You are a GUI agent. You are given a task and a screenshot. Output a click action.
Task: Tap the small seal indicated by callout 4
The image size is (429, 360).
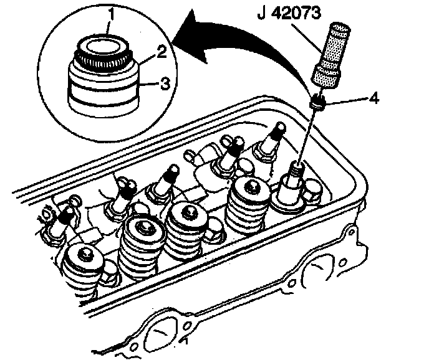click(317, 101)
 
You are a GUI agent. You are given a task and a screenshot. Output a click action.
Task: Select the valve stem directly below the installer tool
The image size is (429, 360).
click(297, 168)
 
